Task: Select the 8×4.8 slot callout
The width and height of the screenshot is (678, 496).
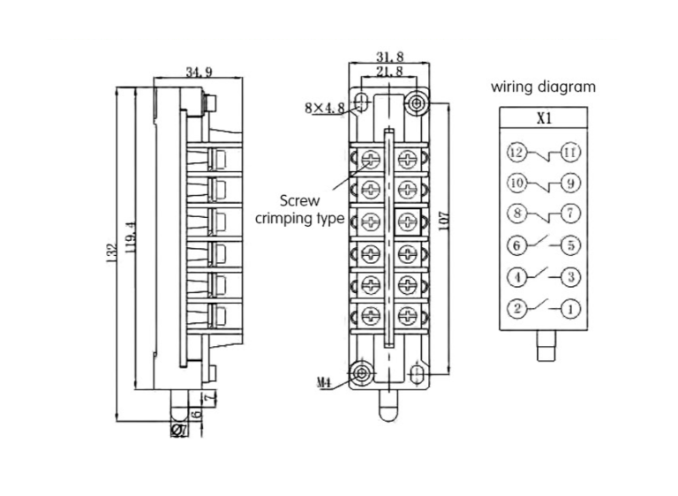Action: (x=323, y=108)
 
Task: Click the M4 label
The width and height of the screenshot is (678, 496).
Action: (x=324, y=383)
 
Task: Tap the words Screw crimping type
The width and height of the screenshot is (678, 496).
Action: (x=300, y=209)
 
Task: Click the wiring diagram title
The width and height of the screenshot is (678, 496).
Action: (x=543, y=87)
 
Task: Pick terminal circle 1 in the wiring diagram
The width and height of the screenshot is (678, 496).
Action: (x=571, y=309)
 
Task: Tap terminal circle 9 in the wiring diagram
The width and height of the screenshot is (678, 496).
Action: (x=571, y=184)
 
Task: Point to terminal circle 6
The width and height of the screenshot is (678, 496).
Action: (x=516, y=245)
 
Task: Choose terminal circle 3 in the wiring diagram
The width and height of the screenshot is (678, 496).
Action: (x=571, y=277)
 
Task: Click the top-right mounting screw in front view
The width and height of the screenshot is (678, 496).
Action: (x=417, y=104)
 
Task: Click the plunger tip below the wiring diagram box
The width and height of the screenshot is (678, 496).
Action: (x=544, y=350)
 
